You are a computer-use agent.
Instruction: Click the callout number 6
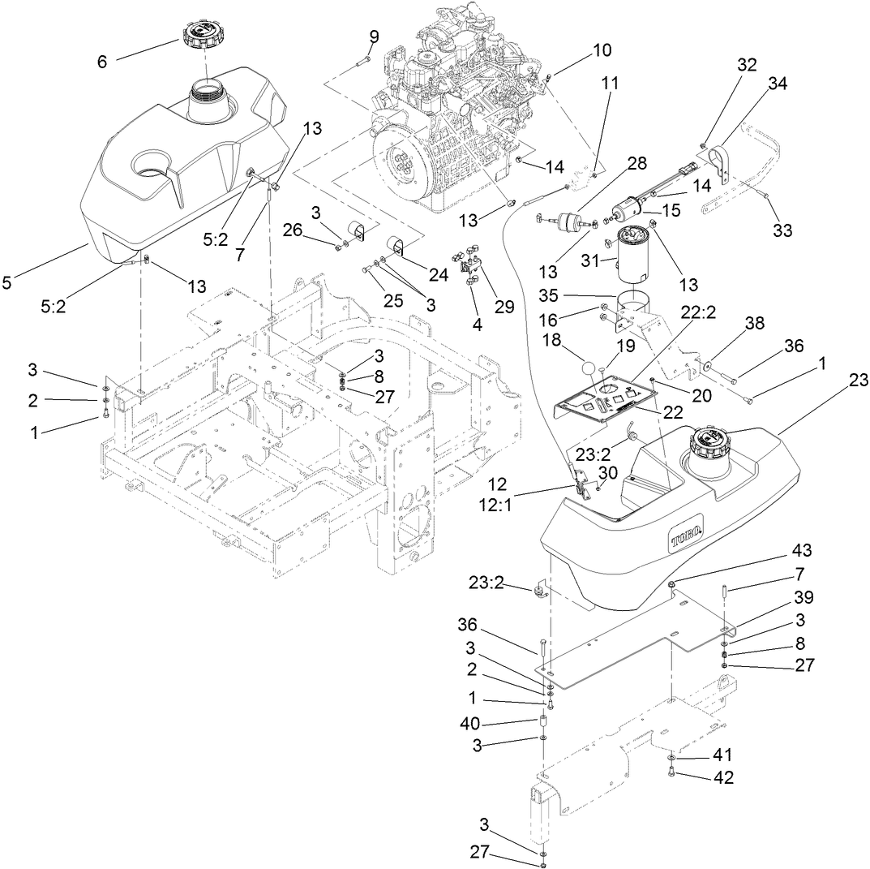click(x=103, y=61)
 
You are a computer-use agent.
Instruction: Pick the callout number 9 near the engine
click(x=373, y=37)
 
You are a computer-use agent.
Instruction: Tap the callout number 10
click(x=602, y=49)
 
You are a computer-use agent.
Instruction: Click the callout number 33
click(x=782, y=230)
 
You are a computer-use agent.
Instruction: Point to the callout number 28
click(x=636, y=164)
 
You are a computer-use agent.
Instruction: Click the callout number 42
click(x=722, y=777)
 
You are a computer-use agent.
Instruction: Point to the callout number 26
click(x=293, y=230)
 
